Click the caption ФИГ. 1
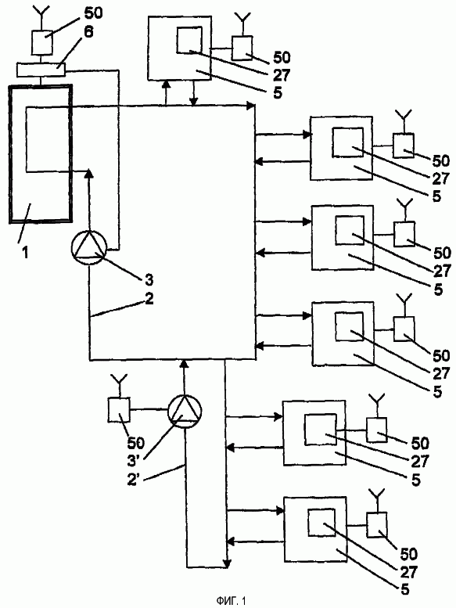tap(231, 601)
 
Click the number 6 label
tap(88, 33)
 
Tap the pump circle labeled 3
tap(89, 248)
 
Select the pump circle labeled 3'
tap(185, 412)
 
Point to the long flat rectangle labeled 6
tap(41, 70)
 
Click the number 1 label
tap(25, 254)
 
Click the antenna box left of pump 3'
tap(119, 410)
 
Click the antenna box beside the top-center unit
tap(242, 48)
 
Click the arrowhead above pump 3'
tap(185, 363)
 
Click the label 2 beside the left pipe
tap(149, 299)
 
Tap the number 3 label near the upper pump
tap(149, 279)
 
